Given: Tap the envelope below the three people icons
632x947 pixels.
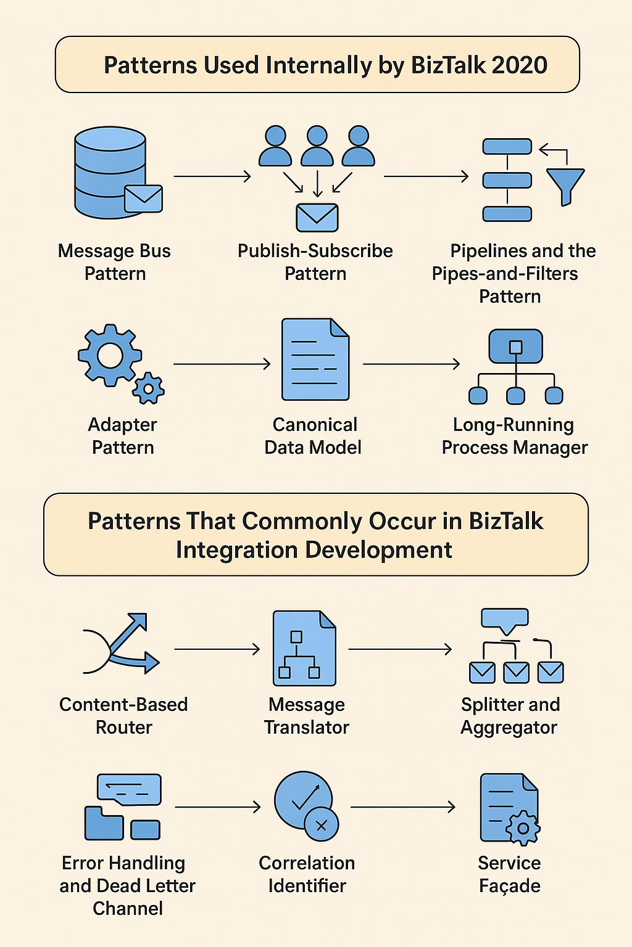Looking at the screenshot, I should [317, 218].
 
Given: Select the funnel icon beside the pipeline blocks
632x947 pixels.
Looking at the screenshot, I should [565, 185].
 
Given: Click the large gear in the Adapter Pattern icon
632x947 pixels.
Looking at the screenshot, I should [110, 355].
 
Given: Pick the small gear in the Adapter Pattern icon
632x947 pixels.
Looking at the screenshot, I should [148, 388].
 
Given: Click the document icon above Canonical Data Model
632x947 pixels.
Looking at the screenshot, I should [315, 359].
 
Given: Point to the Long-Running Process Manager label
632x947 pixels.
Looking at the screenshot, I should [514, 436].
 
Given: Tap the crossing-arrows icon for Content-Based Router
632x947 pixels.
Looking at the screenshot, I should [121, 644].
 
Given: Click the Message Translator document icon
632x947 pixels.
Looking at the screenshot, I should [304, 649].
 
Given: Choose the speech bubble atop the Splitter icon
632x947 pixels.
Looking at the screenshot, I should [505, 619].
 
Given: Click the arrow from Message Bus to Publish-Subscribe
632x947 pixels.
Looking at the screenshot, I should [212, 176].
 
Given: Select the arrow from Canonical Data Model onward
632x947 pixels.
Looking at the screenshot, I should [411, 364].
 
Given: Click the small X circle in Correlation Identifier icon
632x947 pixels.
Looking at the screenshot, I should [321, 825].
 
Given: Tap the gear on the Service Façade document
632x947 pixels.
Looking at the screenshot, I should [523, 827].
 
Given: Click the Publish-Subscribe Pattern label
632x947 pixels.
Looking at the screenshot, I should [315, 262].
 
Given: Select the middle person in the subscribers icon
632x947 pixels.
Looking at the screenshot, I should [317, 146].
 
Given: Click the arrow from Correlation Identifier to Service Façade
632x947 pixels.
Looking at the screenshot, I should [402, 806].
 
